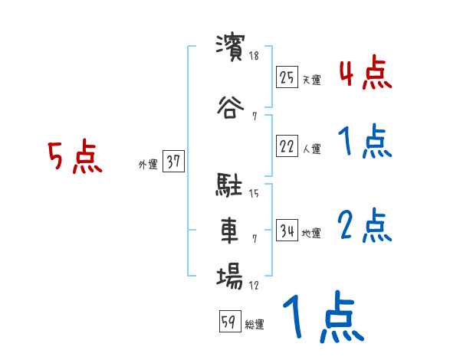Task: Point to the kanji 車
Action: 229,230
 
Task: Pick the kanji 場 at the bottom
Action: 229,276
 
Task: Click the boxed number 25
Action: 287,77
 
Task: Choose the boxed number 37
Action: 173,162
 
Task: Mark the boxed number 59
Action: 229,322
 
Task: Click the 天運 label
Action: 311,79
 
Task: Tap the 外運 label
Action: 147,164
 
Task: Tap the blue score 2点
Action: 365,226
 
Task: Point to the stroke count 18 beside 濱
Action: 255,56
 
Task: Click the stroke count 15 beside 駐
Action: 255,194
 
